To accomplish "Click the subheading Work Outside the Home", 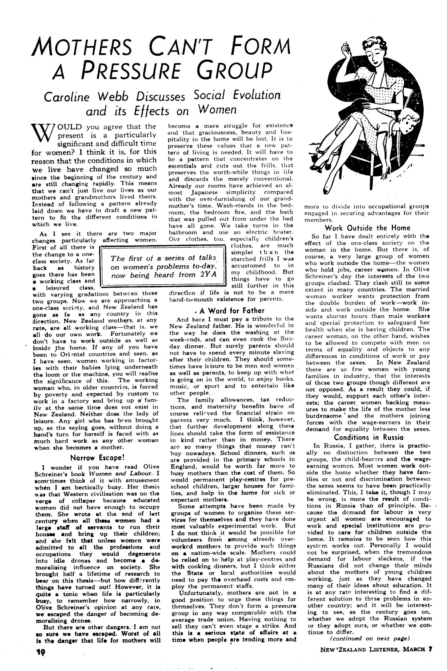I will click(x=367, y=228).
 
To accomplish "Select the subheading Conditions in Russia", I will click(x=367, y=437).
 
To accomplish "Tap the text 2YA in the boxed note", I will click(x=207, y=275).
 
